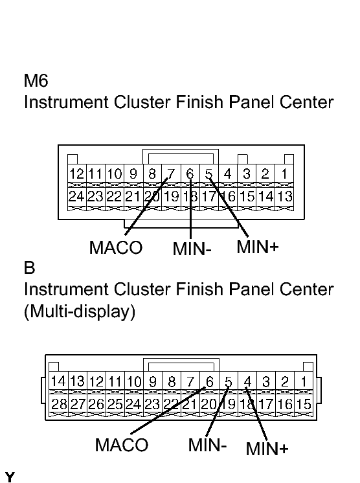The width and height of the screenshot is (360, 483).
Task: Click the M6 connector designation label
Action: [x=36, y=81]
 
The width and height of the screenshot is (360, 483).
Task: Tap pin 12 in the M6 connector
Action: [x=76, y=174]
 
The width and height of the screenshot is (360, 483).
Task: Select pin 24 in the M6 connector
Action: [x=76, y=196]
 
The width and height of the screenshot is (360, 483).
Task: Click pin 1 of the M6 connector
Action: [x=284, y=174]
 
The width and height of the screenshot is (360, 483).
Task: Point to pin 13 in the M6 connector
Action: [x=284, y=196]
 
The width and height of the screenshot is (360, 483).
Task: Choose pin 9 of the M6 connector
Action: [x=133, y=174]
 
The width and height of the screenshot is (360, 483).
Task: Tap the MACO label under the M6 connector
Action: [x=116, y=248]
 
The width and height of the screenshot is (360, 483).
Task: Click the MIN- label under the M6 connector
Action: [x=192, y=249]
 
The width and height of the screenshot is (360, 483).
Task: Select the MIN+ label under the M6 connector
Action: [x=258, y=247]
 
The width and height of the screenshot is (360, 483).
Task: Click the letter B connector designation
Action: [x=30, y=267]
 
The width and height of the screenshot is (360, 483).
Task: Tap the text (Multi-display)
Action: [x=80, y=311]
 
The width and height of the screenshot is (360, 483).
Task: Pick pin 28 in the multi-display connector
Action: [x=59, y=404]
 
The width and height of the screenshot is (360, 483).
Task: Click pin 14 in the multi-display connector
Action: [x=58, y=381]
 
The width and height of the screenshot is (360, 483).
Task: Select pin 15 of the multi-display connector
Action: [x=304, y=404]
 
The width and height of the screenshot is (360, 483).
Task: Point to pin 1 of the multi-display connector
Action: [x=304, y=381]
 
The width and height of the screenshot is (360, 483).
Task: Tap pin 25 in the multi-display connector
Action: [x=115, y=404]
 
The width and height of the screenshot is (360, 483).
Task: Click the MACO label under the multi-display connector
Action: [x=122, y=445]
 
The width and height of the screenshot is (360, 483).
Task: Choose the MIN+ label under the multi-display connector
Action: [x=267, y=449]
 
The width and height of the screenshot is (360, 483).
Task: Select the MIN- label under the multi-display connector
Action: [x=207, y=445]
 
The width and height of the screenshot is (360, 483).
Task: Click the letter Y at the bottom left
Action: [x=10, y=477]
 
